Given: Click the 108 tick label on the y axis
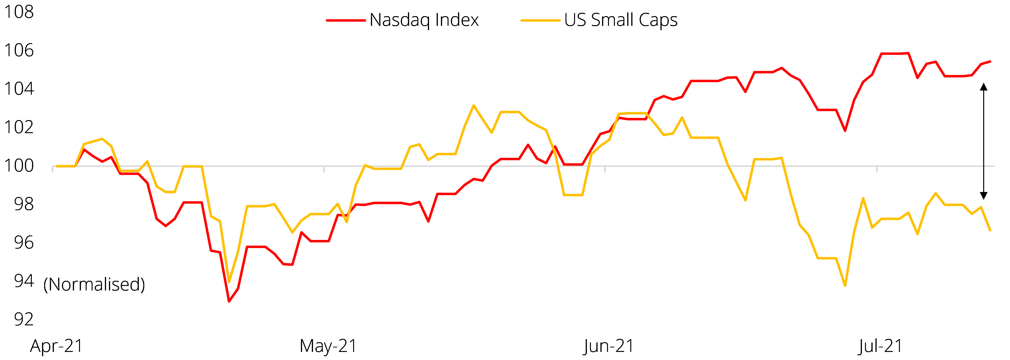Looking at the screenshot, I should point(19,12).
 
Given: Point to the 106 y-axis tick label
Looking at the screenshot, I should point(19,50).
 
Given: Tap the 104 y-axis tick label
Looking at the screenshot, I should point(19,89).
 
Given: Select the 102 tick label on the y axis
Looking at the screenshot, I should point(19,127).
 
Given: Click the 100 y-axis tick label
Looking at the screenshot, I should point(19,165).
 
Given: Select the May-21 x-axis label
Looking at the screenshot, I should point(328,346).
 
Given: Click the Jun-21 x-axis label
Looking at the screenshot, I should point(608,346).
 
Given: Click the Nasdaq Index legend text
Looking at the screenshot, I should point(424,20).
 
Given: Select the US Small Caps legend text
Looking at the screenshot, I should point(621,20).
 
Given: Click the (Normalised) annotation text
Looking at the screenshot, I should point(94,284).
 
